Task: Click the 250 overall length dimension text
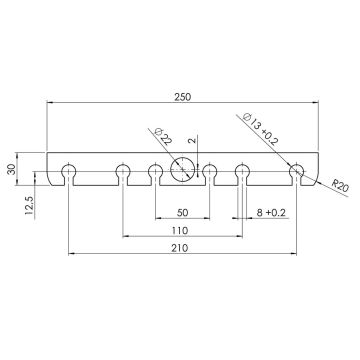(x=180, y=96)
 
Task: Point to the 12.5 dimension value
(x=32, y=205)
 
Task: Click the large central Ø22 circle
(x=182, y=169)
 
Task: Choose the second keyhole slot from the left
(x=123, y=171)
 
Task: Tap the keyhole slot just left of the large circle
(x=155, y=171)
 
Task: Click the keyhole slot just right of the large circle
(x=209, y=171)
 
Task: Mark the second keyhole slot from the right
(x=241, y=171)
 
